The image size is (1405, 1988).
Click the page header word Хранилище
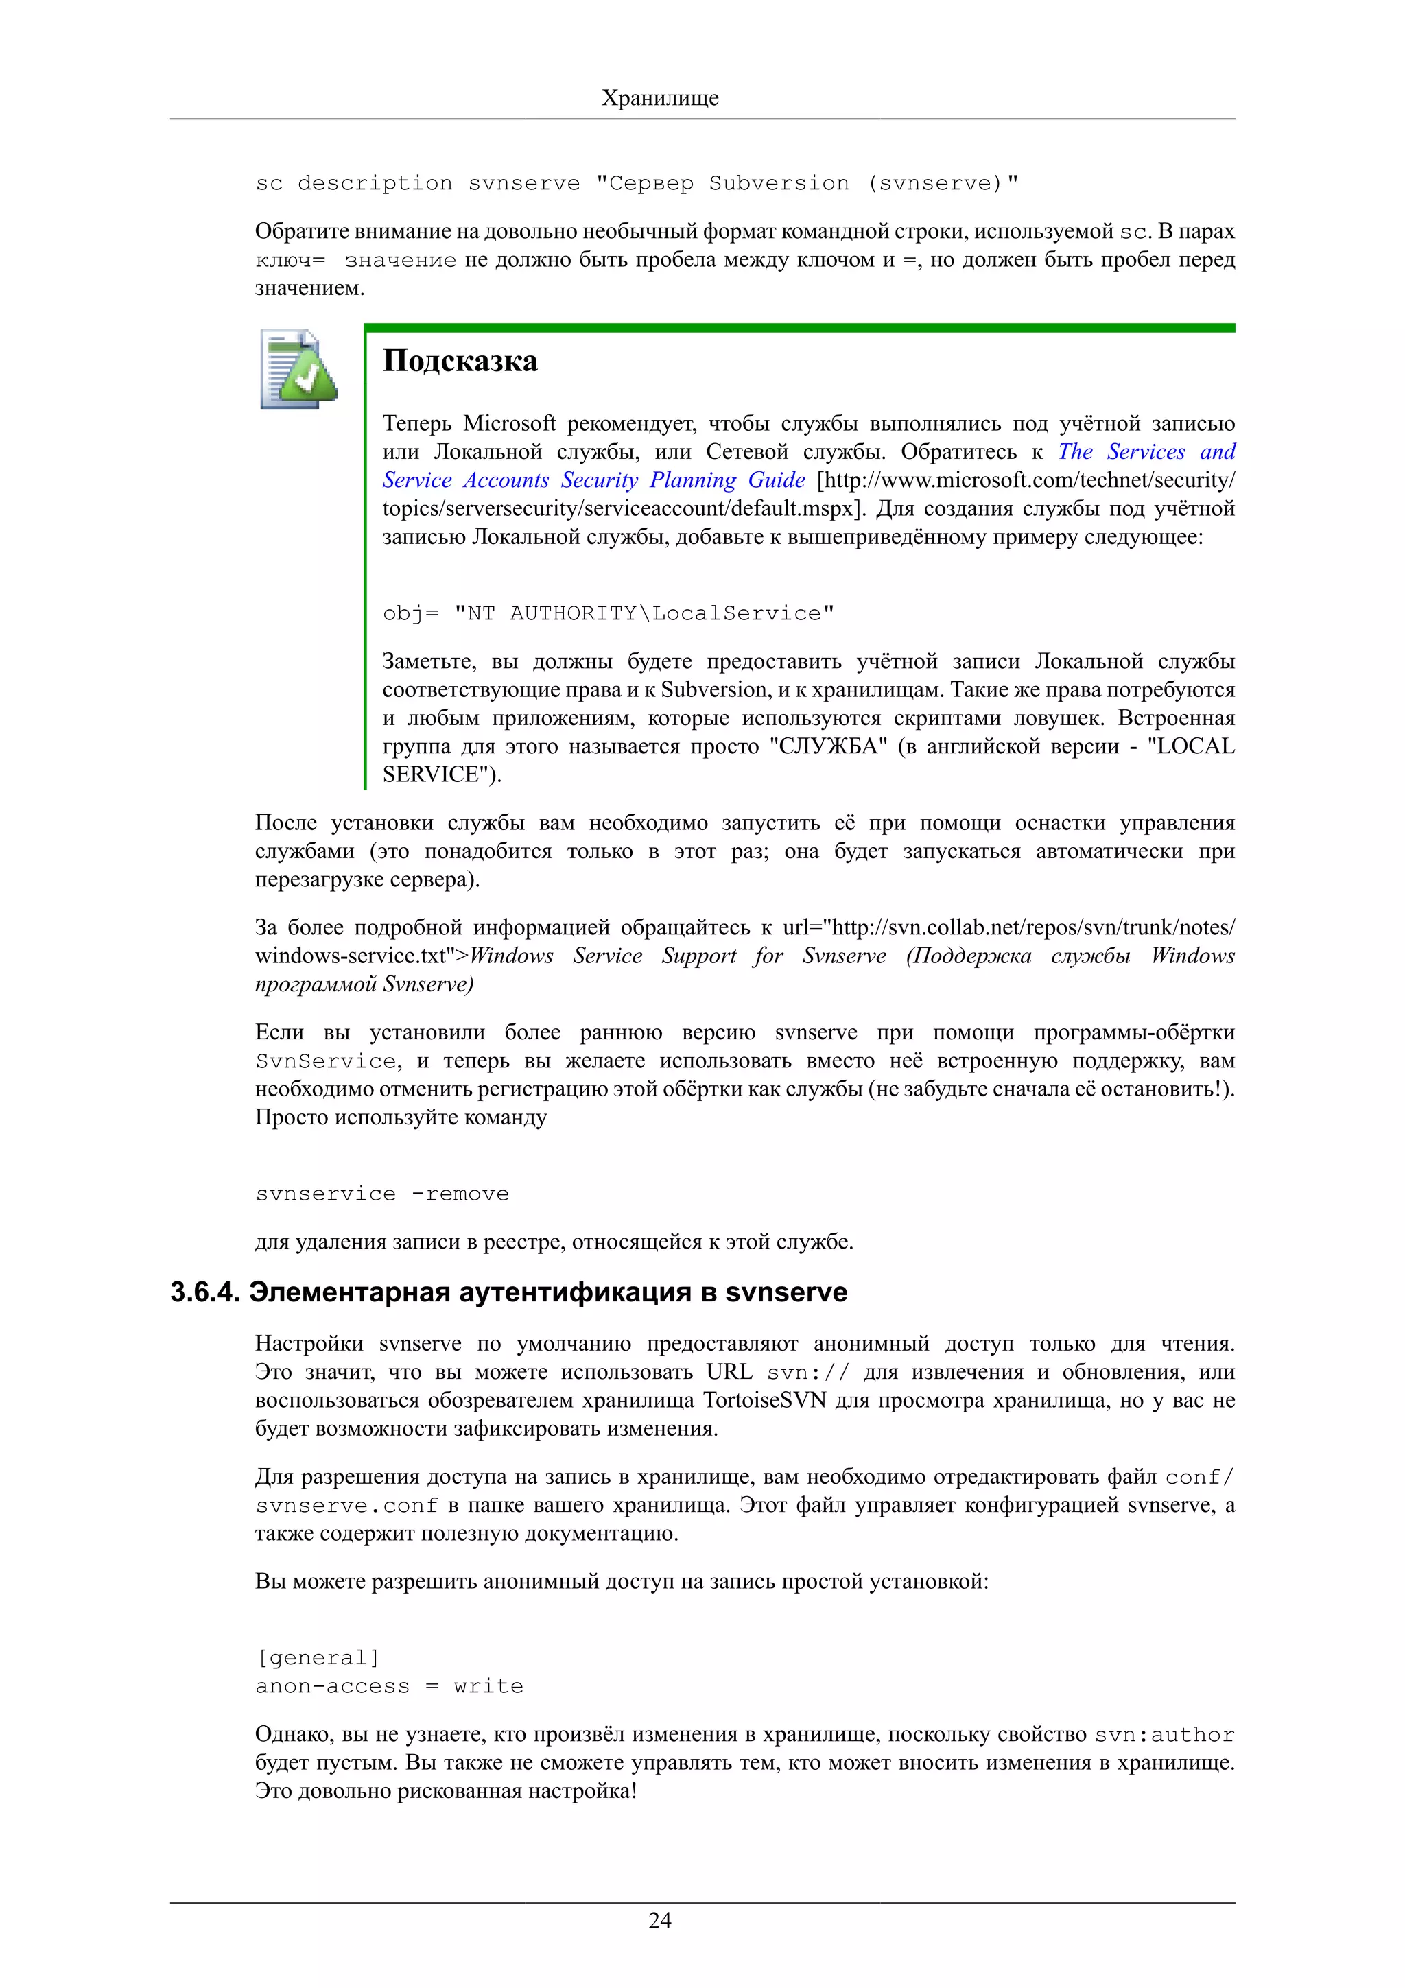[x=660, y=98]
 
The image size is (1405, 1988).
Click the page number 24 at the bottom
[x=660, y=1921]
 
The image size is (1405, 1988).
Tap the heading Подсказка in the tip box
[x=460, y=361]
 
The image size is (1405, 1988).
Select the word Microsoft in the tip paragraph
[x=509, y=423]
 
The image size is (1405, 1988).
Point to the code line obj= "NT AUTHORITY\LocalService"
[x=608, y=614]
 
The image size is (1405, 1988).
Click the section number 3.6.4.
[x=204, y=1292]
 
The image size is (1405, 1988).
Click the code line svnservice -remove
[x=381, y=1194]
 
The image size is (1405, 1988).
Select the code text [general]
[x=318, y=1658]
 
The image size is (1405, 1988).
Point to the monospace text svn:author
[x=1164, y=1735]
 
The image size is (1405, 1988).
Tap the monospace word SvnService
[x=325, y=1061]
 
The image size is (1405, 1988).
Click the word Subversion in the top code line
[x=778, y=184]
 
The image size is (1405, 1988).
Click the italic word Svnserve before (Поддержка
[x=843, y=956]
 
